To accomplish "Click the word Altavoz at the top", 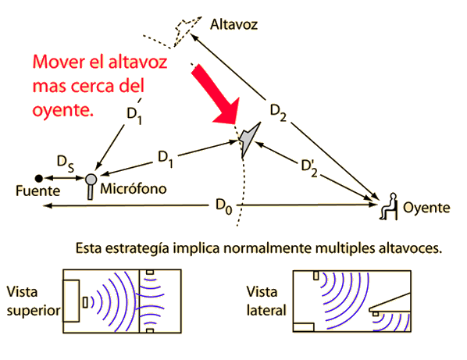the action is (233, 24).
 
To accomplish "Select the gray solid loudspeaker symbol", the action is (249, 139).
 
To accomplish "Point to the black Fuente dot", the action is (39, 178).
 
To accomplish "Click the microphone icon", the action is (91, 186).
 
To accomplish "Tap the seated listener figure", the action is (389, 206).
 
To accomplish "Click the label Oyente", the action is (426, 208).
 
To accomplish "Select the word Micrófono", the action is (133, 189).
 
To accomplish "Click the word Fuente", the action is (37, 191).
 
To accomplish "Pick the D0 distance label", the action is (223, 206).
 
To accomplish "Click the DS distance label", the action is (66, 164).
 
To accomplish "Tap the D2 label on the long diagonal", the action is (278, 113).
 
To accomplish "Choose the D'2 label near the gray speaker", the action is (309, 168).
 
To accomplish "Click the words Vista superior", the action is (34, 301).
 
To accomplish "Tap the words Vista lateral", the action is (266, 301).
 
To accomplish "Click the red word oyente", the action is (62, 111).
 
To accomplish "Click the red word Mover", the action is (59, 62).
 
